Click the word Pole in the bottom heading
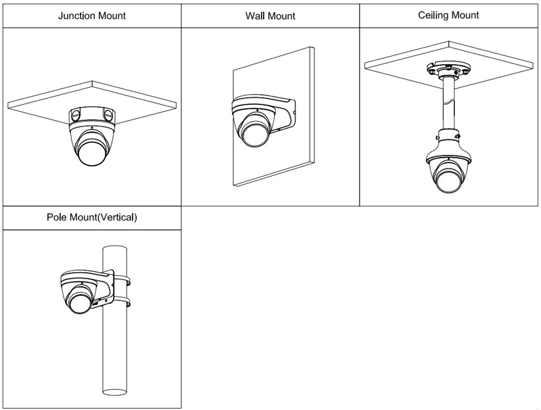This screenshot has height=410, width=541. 57,218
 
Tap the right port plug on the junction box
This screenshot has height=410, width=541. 110,114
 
